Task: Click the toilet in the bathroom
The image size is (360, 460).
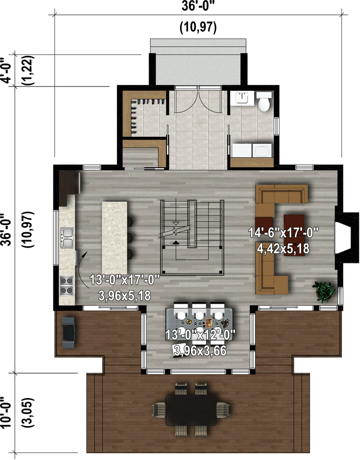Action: [264, 101]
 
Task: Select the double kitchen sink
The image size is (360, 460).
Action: [67, 238]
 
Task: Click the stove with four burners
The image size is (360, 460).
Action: [66, 286]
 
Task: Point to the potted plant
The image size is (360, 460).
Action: [324, 292]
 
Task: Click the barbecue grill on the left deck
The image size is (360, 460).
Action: [68, 332]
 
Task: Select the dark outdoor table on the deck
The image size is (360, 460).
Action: [191, 410]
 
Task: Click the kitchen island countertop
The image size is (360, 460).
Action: [114, 238]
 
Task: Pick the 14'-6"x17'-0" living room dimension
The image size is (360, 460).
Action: [283, 233]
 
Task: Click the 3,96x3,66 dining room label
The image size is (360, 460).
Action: [200, 351]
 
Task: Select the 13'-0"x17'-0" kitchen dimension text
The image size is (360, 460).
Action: [124, 280]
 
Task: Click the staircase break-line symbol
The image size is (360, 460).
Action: [175, 230]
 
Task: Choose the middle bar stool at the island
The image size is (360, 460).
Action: [130, 237]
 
